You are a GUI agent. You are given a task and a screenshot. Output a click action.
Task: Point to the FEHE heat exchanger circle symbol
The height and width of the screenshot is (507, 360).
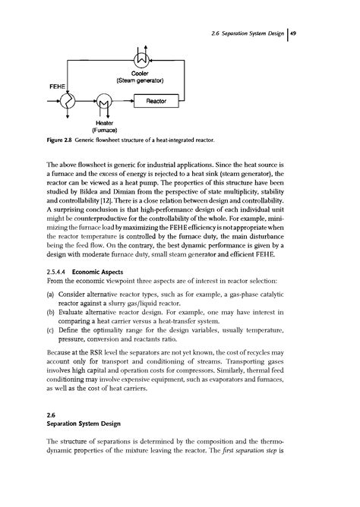tap(63, 99)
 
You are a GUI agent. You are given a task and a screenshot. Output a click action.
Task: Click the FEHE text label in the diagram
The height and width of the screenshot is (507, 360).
tap(59, 87)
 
